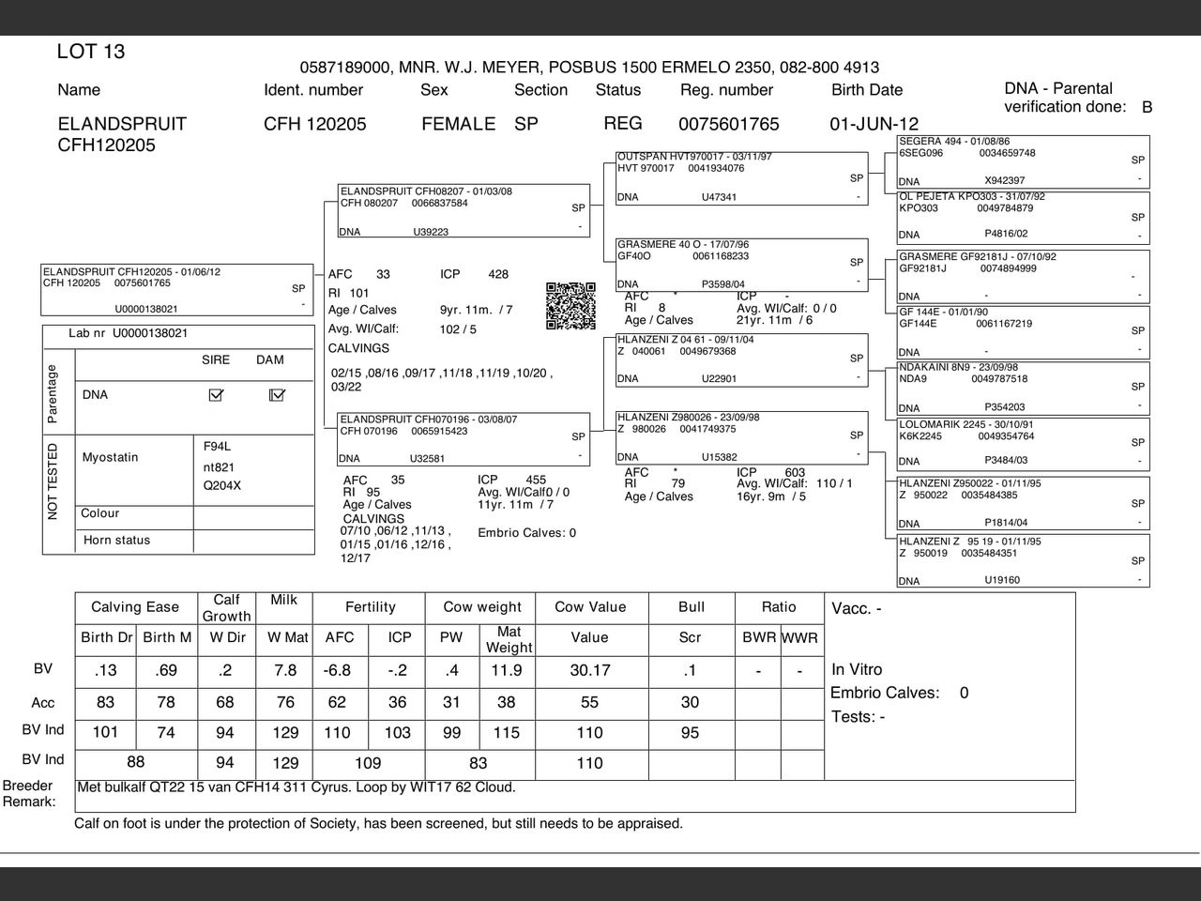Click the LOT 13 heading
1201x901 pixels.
pyautogui.click(x=91, y=52)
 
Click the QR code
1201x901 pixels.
pyautogui.click(x=570, y=306)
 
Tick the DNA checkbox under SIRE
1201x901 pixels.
pyautogui.click(x=216, y=395)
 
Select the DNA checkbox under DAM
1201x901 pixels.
pyautogui.click(x=277, y=395)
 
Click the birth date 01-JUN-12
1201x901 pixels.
pyautogui.click(x=874, y=124)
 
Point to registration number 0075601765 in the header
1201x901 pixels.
pyautogui.click(x=728, y=124)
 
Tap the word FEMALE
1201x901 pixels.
pyautogui.click(x=458, y=124)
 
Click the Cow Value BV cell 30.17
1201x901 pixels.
pyautogui.click(x=589, y=670)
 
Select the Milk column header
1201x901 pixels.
pyautogui.click(x=283, y=600)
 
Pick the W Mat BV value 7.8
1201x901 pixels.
pyautogui.click(x=285, y=670)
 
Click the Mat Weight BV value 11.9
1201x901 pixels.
pyautogui.click(x=507, y=670)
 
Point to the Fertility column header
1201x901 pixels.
pyautogui.click(x=370, y=607)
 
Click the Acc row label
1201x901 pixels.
pyautogui.click(x=43, y=703)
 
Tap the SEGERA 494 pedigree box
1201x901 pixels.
pyautogui.click(x=1023, y=161)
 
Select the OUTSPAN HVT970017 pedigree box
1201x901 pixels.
pyautogui.click(x=741, y=177)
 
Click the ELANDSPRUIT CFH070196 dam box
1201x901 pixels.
pyautogui.click(x=464, y=438)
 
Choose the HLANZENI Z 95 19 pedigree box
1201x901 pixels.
pyautogui.click(x=1023, y=560)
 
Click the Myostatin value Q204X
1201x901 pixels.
pyautogui.click(x=222, y=485)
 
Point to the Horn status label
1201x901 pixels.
pyautogui.click(x=116, y=541)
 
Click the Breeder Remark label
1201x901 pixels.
pyautogui.click(x=28, y=793)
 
